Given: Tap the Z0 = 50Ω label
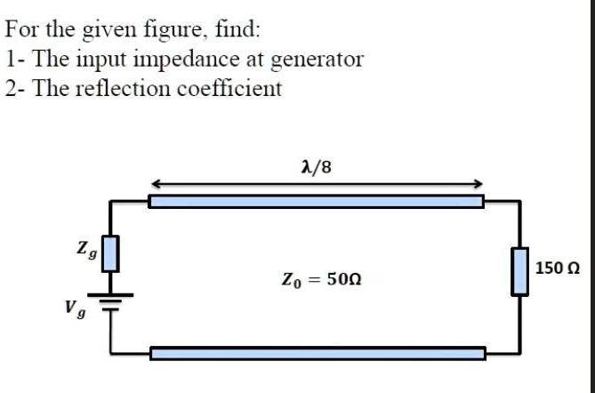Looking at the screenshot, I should point(321,279).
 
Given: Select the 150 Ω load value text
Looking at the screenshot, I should point(559,268).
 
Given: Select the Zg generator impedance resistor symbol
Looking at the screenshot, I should point(109,253).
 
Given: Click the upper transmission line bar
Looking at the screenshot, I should point(316,201).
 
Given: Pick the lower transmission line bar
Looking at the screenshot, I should point(317,354).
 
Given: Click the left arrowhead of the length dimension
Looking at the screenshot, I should point(154,184).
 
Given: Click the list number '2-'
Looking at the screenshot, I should point(14,90).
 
